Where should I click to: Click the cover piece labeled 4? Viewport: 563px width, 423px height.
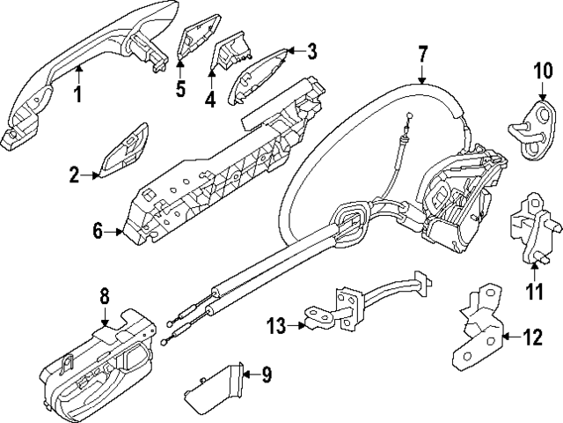pos(230,57)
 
